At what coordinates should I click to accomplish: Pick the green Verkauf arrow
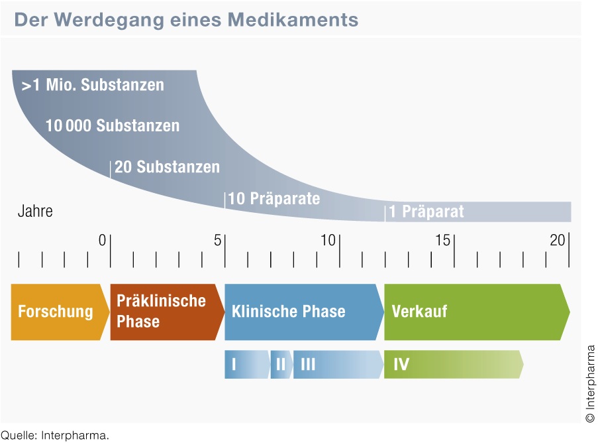(477, 312)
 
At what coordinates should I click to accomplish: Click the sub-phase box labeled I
(247, 364)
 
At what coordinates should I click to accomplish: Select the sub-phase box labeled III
(338, 364)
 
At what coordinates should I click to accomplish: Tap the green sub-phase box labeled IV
(454, 364)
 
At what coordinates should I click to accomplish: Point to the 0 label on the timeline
(102, 240)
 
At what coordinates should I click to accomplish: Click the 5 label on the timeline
(217, 240)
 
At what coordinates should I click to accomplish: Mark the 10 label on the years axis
(328, 240)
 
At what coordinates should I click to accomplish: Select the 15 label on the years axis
(443, 240)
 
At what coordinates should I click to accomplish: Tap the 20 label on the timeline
(558, 240)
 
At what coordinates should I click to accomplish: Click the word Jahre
(35, 211)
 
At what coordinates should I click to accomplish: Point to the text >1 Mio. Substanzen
(93, 85)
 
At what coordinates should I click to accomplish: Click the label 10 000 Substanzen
(113, 125)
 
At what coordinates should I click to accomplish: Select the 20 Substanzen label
(167, 167)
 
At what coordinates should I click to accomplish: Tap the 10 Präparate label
(274, 198)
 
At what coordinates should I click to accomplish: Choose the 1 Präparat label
(426, 212)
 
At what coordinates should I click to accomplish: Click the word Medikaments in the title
(293, 19)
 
